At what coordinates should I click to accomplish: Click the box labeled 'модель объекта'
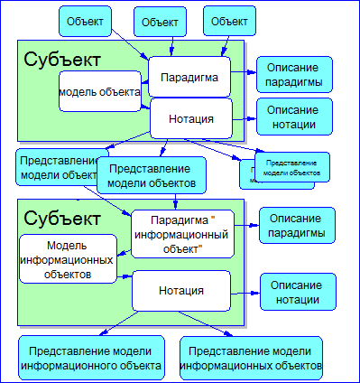tap(99, 92)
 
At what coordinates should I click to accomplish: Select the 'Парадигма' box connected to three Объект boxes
tap(189, 77)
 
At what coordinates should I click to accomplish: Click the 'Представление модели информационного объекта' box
tap(94, 358)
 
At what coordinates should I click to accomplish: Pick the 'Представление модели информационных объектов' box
tap(251, 358)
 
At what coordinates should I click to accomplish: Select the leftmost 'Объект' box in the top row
tap(87, 20)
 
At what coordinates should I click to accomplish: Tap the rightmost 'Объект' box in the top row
tap(227, 19)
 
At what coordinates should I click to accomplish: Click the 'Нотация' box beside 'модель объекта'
tap(190, 118)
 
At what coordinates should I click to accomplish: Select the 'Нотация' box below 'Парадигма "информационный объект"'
tap(180, 291)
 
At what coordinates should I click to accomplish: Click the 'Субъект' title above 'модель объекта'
tap(62, 60)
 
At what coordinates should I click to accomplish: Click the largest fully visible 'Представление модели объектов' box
tap(152, 175)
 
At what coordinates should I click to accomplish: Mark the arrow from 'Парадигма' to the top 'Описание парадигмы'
tap(243, 71)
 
